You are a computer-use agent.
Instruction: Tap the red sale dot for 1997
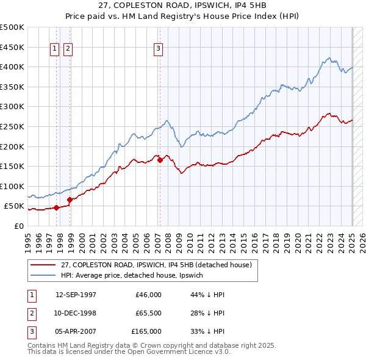point(56,207)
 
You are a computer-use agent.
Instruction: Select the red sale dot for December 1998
point(70,200)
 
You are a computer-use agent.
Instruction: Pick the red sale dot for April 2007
point(160,160)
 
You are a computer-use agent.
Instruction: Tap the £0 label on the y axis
point(18,226)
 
